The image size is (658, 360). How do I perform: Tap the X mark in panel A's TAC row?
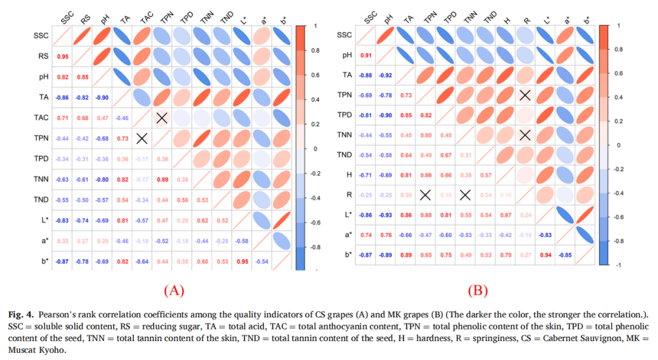(x=163, y=118)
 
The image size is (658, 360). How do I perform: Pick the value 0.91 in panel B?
(x=366, y=55)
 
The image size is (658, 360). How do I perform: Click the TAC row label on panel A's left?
(x=42, y=118)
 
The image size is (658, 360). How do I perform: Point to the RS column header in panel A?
(x=85, y=19)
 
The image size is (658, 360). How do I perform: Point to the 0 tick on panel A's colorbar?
(x=315, y=148)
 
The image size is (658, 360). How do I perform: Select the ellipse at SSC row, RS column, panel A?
(x=82, y=36)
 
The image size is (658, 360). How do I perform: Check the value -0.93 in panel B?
(x=386, y=215)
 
